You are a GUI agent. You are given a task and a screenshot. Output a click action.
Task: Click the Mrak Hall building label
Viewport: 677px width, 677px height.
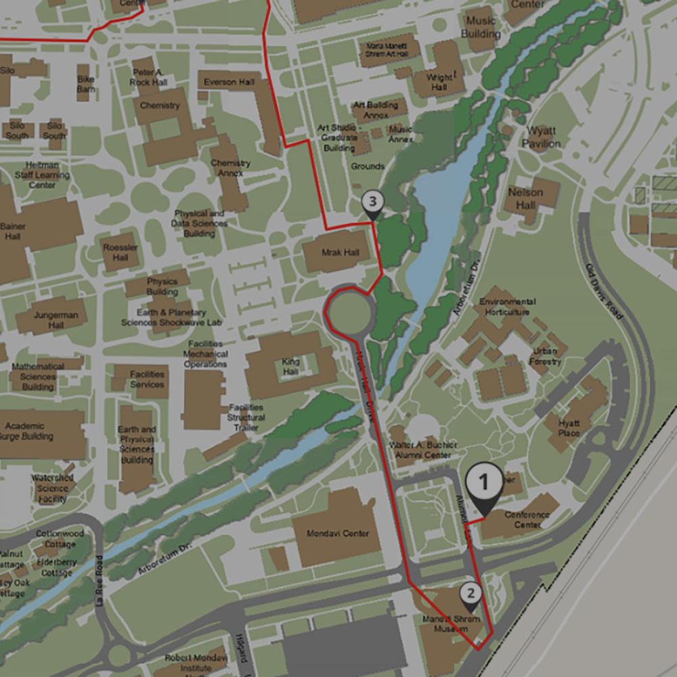341,253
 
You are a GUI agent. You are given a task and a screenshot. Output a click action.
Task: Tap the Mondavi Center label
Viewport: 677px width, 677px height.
338,533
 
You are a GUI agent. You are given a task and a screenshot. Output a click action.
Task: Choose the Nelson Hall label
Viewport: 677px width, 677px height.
525,199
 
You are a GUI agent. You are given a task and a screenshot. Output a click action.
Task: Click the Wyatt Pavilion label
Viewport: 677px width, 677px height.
542,137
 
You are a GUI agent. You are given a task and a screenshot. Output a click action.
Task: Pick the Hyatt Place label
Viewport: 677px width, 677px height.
569,428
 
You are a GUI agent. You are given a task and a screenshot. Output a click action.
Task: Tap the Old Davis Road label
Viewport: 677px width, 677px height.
604,292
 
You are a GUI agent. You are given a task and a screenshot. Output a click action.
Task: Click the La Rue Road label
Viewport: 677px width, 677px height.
100,581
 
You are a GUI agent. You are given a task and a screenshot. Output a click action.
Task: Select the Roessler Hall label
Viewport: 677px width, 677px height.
121,253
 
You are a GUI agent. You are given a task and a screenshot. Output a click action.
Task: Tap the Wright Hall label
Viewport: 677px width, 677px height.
439,83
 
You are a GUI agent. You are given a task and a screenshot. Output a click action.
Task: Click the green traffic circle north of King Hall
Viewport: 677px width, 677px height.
350,311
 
